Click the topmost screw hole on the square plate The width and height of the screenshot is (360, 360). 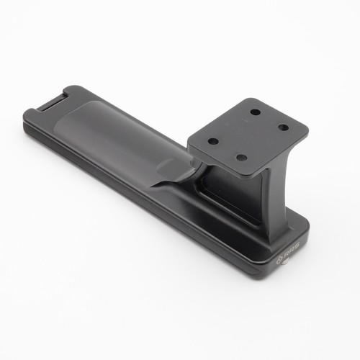256,112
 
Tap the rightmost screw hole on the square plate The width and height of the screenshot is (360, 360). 284,127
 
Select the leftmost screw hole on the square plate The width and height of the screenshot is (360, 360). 213,141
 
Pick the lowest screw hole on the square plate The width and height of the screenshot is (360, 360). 241,158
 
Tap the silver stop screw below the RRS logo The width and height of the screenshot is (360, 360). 287,262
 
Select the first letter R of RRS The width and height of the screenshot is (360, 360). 285,258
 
